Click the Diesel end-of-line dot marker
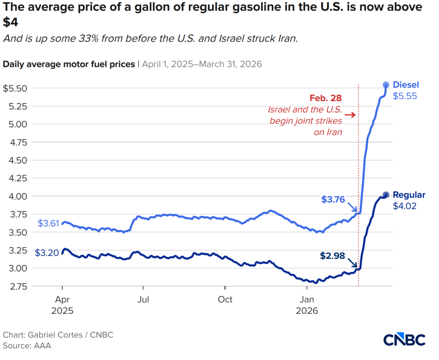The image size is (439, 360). point(386,85)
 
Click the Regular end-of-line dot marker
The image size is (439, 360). point(385,195)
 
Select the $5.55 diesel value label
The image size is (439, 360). point(405,96)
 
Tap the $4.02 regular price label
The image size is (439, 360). point(405,206)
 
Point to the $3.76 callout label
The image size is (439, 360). point(333,199)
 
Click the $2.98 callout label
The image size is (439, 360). point(332,256)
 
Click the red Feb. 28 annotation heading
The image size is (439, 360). point(326,97)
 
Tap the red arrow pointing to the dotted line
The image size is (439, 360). point(350,114)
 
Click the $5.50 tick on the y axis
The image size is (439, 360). point(15,88)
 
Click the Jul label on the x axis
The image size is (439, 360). point(144,299)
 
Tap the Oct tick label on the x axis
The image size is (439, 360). point(225,299)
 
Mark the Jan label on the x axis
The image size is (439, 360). point(307,299)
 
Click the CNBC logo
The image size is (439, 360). point(404,339)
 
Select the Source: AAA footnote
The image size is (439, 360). point(27,345)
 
